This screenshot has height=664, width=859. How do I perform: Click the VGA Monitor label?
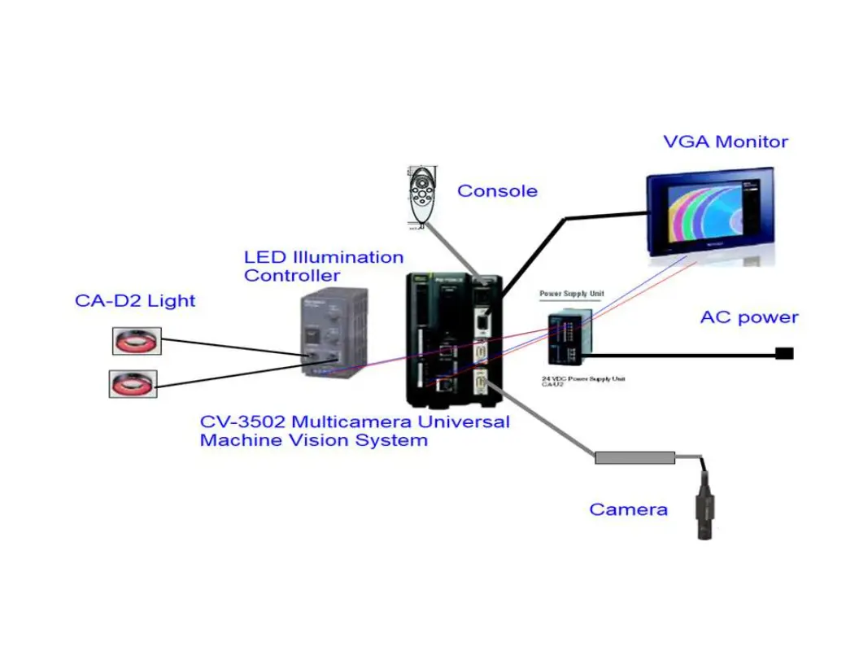click(726, 142)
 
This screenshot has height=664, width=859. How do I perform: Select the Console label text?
click(497, 191)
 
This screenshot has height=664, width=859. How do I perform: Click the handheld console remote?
click(423, 199)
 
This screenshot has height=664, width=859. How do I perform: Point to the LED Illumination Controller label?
click(323, 266)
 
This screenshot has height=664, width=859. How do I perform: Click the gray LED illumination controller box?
click(329, 333)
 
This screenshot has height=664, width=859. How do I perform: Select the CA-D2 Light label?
click(135, 301)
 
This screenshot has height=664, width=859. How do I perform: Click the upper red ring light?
click(137, 341)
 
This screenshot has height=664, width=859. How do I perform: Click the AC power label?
click(749, 318)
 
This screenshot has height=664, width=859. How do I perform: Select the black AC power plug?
click(785, 353)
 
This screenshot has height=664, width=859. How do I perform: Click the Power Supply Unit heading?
click(572, 294)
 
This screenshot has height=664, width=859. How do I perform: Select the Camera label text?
click(628, 510)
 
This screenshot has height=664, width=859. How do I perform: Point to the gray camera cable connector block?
click(634, 458)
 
